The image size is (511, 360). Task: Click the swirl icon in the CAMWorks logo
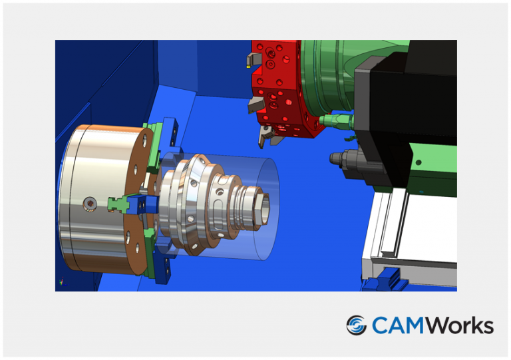357,325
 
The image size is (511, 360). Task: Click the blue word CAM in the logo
397,325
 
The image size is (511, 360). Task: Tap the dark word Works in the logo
458,325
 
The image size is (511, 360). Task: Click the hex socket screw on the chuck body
90,202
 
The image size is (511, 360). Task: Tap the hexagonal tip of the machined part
263,206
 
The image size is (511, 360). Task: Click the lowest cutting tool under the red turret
265,137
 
